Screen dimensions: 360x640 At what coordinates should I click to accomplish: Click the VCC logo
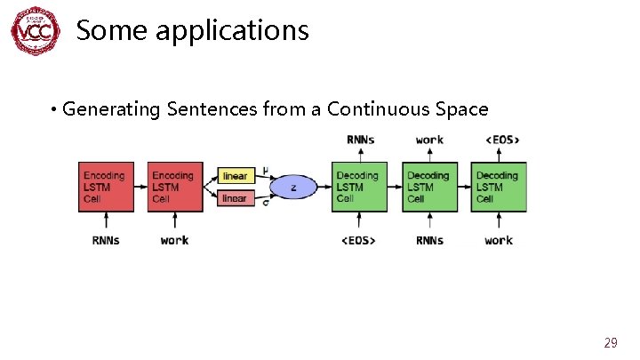[36, 31]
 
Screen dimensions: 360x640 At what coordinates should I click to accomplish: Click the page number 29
[611, 342]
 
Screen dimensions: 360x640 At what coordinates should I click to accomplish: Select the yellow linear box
[235, 176]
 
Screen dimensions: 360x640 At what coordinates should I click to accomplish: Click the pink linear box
[235, 198]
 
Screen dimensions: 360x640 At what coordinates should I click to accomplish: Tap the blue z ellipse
[293, 187]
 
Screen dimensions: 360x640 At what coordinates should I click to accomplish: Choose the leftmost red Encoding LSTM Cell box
[106, 187]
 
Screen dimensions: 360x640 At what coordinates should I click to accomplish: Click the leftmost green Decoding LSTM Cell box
[357, 187]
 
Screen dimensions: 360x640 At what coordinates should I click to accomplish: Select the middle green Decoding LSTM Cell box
[428, 187]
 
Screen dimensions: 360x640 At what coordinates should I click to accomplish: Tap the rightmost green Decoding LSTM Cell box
[500, 187]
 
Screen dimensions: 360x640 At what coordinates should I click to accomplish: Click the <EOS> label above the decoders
[502, 140]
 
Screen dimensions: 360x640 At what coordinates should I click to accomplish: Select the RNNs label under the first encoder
[106, 240]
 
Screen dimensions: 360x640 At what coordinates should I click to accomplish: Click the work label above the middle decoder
[429, 140]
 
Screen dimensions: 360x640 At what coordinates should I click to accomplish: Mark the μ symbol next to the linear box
[266, 171]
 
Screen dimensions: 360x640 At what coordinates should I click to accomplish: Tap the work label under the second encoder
[174, 240]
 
